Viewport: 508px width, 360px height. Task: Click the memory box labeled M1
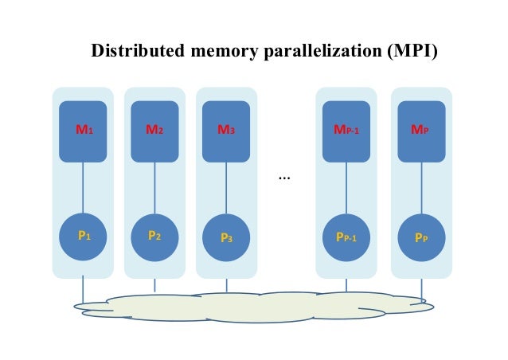click(x=83, y=131)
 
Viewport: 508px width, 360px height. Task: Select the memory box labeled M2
click(x=154, y=131)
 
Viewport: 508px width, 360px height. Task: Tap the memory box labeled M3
click(x=226, y=131)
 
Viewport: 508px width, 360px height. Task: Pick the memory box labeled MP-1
click(x=346, y=131)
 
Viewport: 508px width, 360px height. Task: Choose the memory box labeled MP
click(x=421, y=131)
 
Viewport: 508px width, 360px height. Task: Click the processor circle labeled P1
click(x=83, y=236)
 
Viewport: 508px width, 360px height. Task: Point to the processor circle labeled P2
click(x=154, y=236)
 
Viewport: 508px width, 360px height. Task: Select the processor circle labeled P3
click(x=226, y=236)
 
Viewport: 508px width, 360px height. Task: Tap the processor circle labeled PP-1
click(x=346, y=236)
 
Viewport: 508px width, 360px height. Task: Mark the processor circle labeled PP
click(x=421, y=236)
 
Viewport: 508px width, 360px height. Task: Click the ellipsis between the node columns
click(x=284, y=177)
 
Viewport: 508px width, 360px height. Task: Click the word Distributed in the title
click(x=139, y=53)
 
